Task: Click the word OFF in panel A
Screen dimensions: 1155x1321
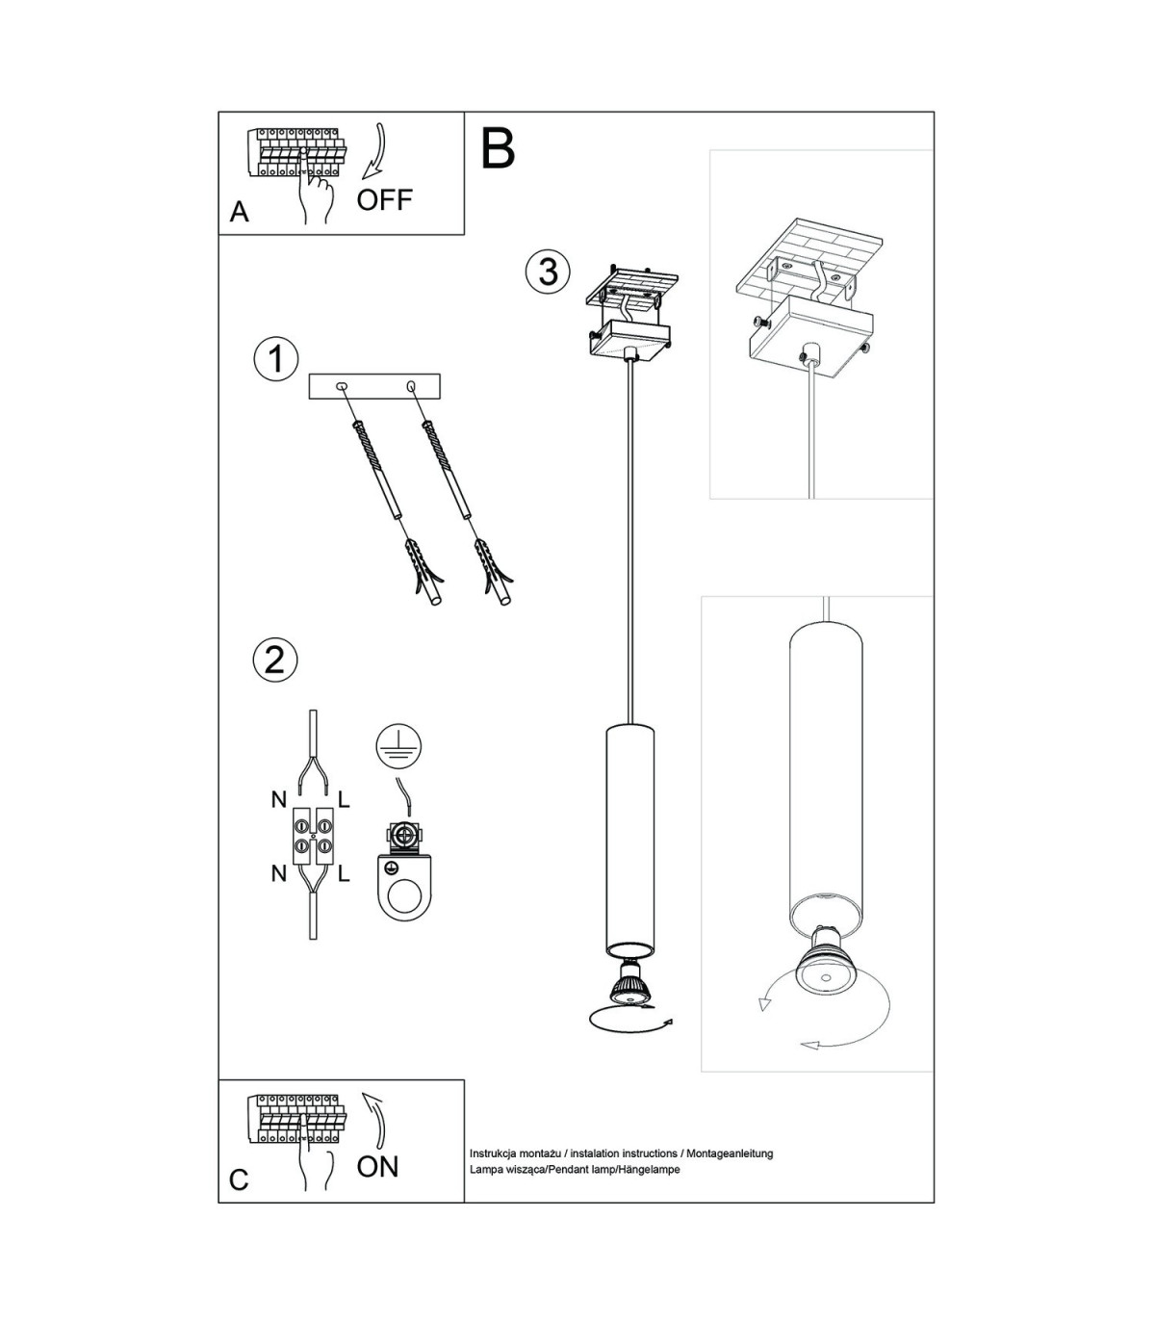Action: (x=385, y=200)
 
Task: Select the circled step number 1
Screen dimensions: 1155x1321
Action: (x=276, y=359)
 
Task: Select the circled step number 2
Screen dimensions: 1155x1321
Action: (x=275, y=660)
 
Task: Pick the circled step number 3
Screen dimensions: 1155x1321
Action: (x=548, y=272)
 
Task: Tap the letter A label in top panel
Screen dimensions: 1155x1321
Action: (x=240, y=212)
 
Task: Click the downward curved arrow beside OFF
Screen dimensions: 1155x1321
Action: (x=374, y=152)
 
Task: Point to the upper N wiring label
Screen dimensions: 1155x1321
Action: (x=279, y=800)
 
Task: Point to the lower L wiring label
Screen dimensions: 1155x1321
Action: (x=344, y=874)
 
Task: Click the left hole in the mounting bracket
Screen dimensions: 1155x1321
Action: (x=342, y=387)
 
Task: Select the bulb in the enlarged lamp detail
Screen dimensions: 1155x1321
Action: (x=824, y=969)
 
